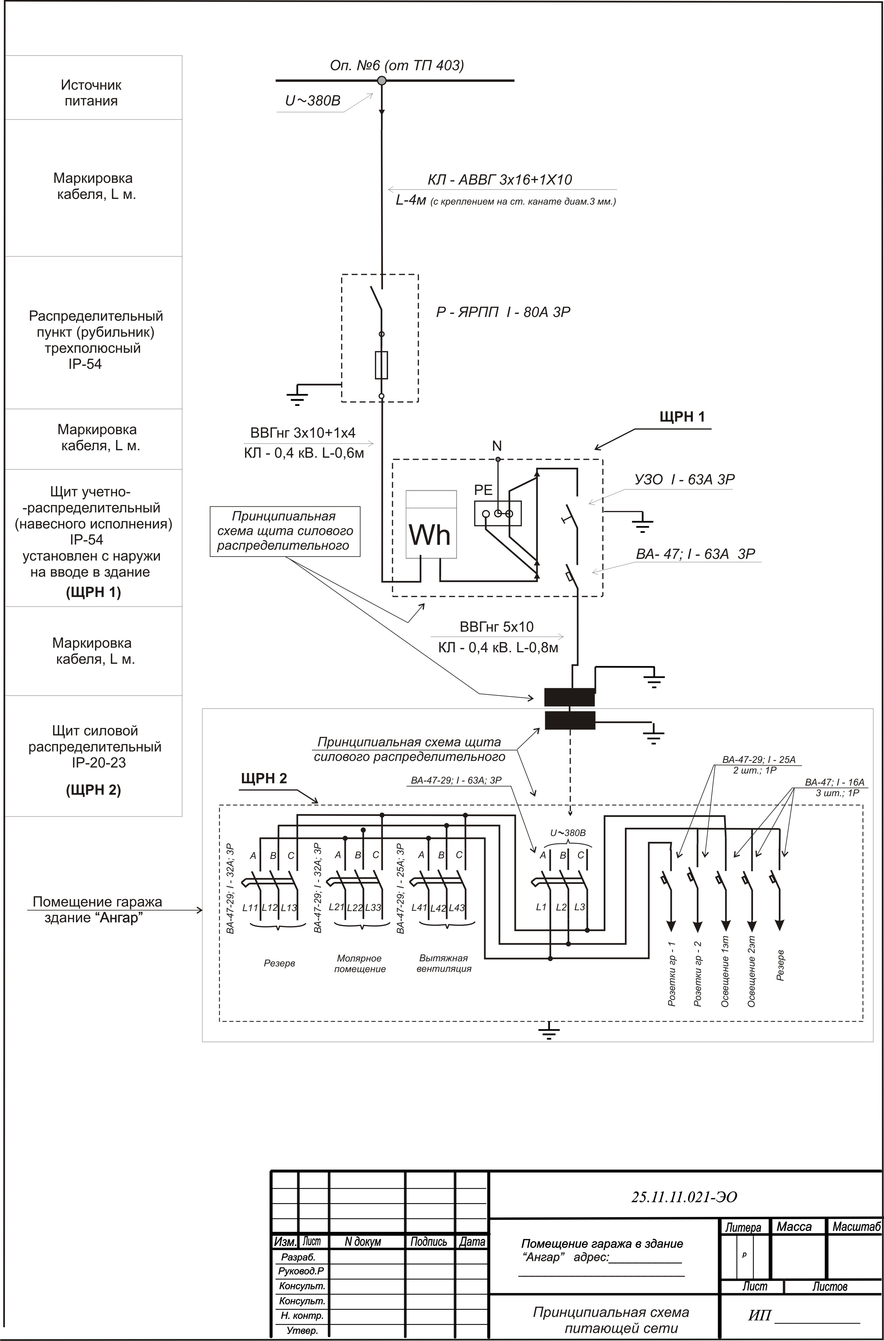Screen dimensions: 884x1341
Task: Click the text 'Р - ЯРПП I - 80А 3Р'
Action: [503, 312]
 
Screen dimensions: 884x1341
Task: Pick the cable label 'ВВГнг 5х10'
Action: [497, 627]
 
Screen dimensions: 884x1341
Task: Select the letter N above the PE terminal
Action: [497, 446]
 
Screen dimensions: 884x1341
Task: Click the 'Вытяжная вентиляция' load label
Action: [444, 963]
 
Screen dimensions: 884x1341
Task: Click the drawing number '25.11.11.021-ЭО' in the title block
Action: [684, 1197]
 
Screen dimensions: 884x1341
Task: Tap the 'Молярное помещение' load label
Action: [360, 963]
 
